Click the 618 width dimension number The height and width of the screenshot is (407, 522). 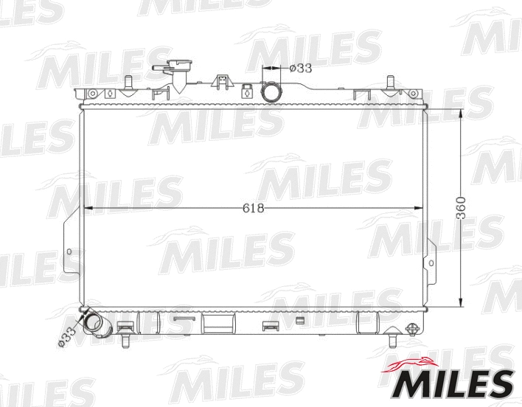coord(253,208)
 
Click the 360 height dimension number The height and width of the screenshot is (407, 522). coord(462,209)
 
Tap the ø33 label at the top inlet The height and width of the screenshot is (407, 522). coord(301,69)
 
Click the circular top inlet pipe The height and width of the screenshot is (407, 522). coord(272,93)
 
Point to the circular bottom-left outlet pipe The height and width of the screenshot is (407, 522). coord(94,323)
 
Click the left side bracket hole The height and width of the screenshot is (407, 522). coord(70,252)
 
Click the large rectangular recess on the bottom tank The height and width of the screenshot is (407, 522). coord(218,322)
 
